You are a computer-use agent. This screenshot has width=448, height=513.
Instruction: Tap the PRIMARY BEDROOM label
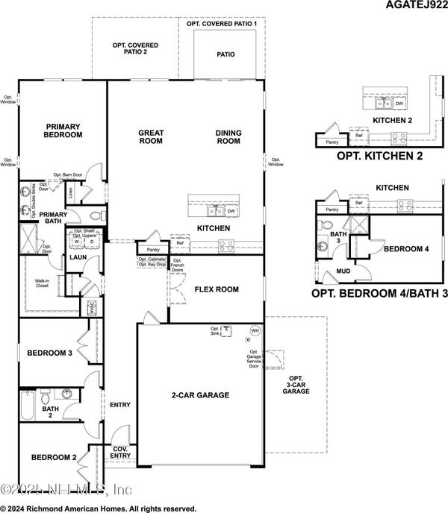coord(63,130)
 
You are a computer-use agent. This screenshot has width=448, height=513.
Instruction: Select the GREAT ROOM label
coord(151,137)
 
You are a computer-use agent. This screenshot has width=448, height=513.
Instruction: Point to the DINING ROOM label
coord(228,137)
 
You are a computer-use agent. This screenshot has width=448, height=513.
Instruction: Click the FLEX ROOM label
coord(216,289)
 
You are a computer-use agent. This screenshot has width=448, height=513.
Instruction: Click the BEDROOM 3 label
coord(49,353)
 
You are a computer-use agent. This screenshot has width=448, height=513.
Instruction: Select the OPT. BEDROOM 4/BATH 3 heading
coord(379,293)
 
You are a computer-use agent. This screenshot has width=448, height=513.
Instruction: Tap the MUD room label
coord(344,272)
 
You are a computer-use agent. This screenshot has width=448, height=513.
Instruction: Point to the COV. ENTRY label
coord(119,452)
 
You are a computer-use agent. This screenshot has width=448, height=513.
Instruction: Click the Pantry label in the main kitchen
coord(153,250)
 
